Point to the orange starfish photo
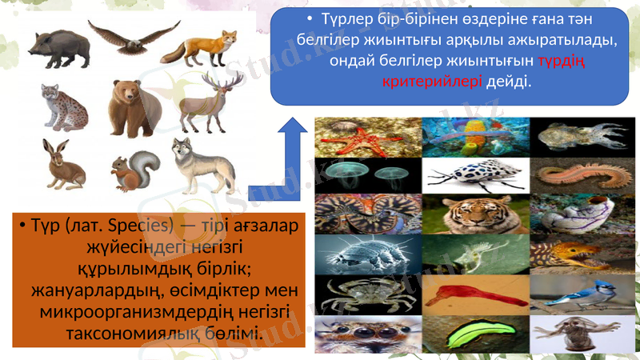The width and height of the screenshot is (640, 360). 367,137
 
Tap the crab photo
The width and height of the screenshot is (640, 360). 367,293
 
